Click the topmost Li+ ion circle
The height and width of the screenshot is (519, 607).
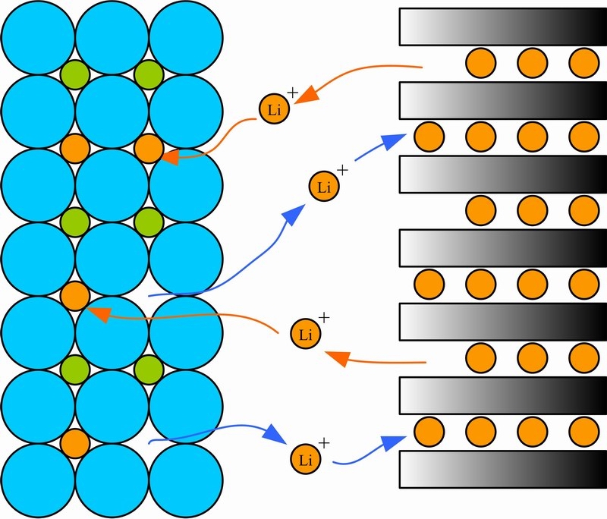[274, 109]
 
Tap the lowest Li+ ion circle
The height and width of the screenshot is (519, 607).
[306, 459]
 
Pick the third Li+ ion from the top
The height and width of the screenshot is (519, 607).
[305, 333]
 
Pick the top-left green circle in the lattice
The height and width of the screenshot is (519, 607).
[74, 74]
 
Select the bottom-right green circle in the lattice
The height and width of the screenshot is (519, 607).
[149, 370]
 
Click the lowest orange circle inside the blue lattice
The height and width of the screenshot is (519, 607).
[74, 443]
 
